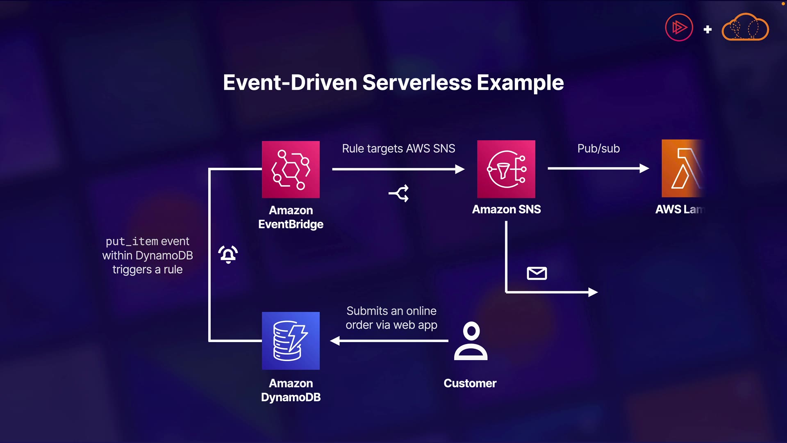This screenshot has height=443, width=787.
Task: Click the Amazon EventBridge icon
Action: [291, 169]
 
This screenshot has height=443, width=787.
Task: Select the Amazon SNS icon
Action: [506, 169]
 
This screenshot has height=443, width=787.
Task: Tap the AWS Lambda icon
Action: [682, 169]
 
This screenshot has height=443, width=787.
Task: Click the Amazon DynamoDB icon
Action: [291, 341]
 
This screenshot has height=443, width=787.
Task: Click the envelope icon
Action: [537, 273]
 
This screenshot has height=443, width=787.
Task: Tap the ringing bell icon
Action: [228, 254]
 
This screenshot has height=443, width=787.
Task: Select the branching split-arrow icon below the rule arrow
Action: [399, 193]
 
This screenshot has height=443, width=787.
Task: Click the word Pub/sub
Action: [598, 148]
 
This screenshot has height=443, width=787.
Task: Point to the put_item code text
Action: [132, 241]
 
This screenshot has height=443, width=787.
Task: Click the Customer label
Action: [470, 384]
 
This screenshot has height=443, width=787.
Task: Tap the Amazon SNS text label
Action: [506, 209]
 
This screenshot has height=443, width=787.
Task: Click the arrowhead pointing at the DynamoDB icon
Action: [335, 341]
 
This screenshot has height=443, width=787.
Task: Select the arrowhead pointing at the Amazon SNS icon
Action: [460, 169]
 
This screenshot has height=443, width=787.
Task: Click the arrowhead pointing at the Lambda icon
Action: [644, 168]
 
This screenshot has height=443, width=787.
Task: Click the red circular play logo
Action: [679, 28]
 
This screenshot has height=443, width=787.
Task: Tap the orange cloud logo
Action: [745, 28]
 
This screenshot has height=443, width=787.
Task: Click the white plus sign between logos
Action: [707, 30]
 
